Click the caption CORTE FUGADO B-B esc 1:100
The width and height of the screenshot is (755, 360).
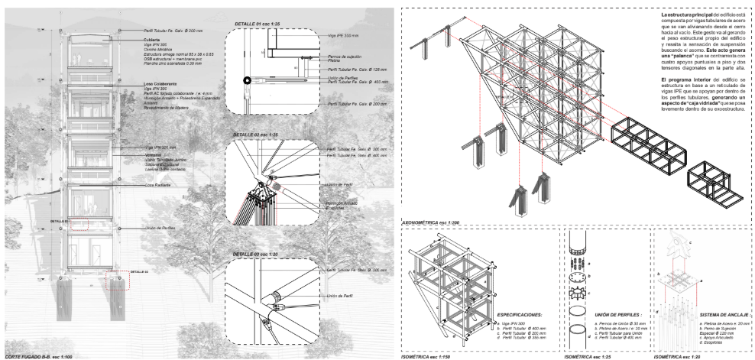point(39,355)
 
